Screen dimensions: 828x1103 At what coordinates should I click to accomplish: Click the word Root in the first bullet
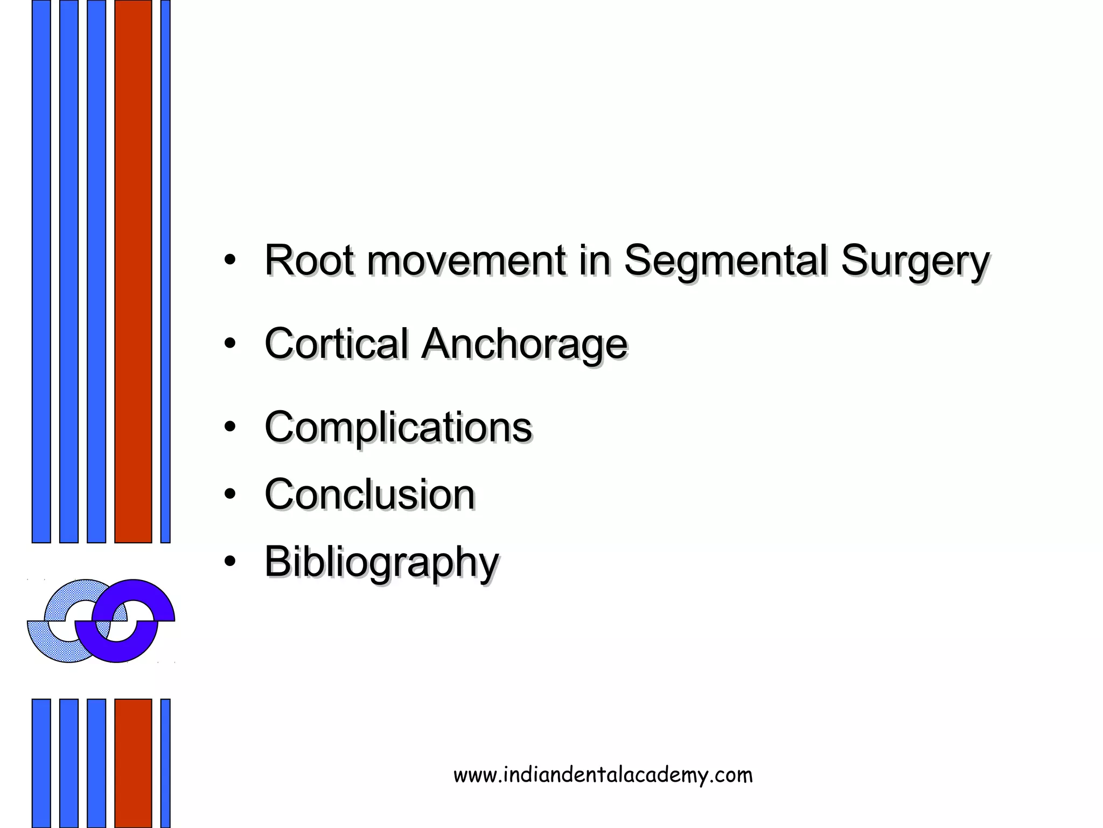(309, 261)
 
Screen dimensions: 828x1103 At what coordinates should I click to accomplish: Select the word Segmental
(725, 261)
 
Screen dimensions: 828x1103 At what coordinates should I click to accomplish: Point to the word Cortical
(337, 344)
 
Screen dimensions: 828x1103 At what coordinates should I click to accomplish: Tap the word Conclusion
(369, 494)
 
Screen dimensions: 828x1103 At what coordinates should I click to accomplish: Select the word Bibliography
(381, 563)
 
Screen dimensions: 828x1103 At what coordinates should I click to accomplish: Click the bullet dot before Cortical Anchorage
(230, 343)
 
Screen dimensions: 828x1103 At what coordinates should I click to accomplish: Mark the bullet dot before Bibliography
(230, 562)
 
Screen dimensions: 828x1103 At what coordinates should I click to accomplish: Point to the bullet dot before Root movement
(230, 260)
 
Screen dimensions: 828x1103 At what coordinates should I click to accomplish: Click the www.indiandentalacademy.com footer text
(603, 775)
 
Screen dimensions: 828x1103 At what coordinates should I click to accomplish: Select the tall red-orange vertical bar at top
(133, 270)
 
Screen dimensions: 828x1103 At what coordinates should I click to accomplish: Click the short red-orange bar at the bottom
(133, 762)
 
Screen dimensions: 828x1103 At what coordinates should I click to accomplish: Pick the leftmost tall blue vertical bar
(41, 270)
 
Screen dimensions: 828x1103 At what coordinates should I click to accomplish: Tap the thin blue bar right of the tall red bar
(165, 270)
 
